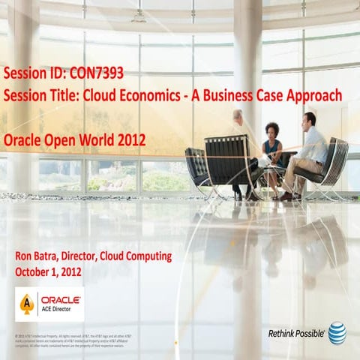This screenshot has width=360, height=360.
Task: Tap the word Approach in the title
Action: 313,96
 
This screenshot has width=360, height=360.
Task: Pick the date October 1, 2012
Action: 48,271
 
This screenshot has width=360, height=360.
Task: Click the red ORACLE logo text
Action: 62,298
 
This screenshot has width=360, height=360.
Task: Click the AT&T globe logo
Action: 337,332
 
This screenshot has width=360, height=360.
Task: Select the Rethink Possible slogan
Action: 295,332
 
